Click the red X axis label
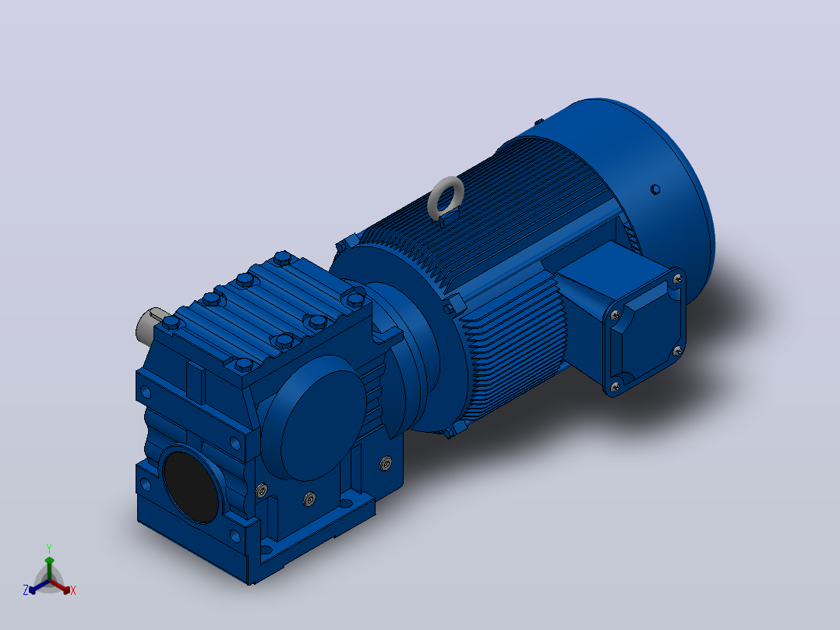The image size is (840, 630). [73, 590]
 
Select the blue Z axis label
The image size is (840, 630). [25, 590]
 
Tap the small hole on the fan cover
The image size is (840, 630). [655, 189]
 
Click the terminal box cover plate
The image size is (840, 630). [644, 331]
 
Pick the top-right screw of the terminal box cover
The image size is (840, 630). [677, 279]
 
